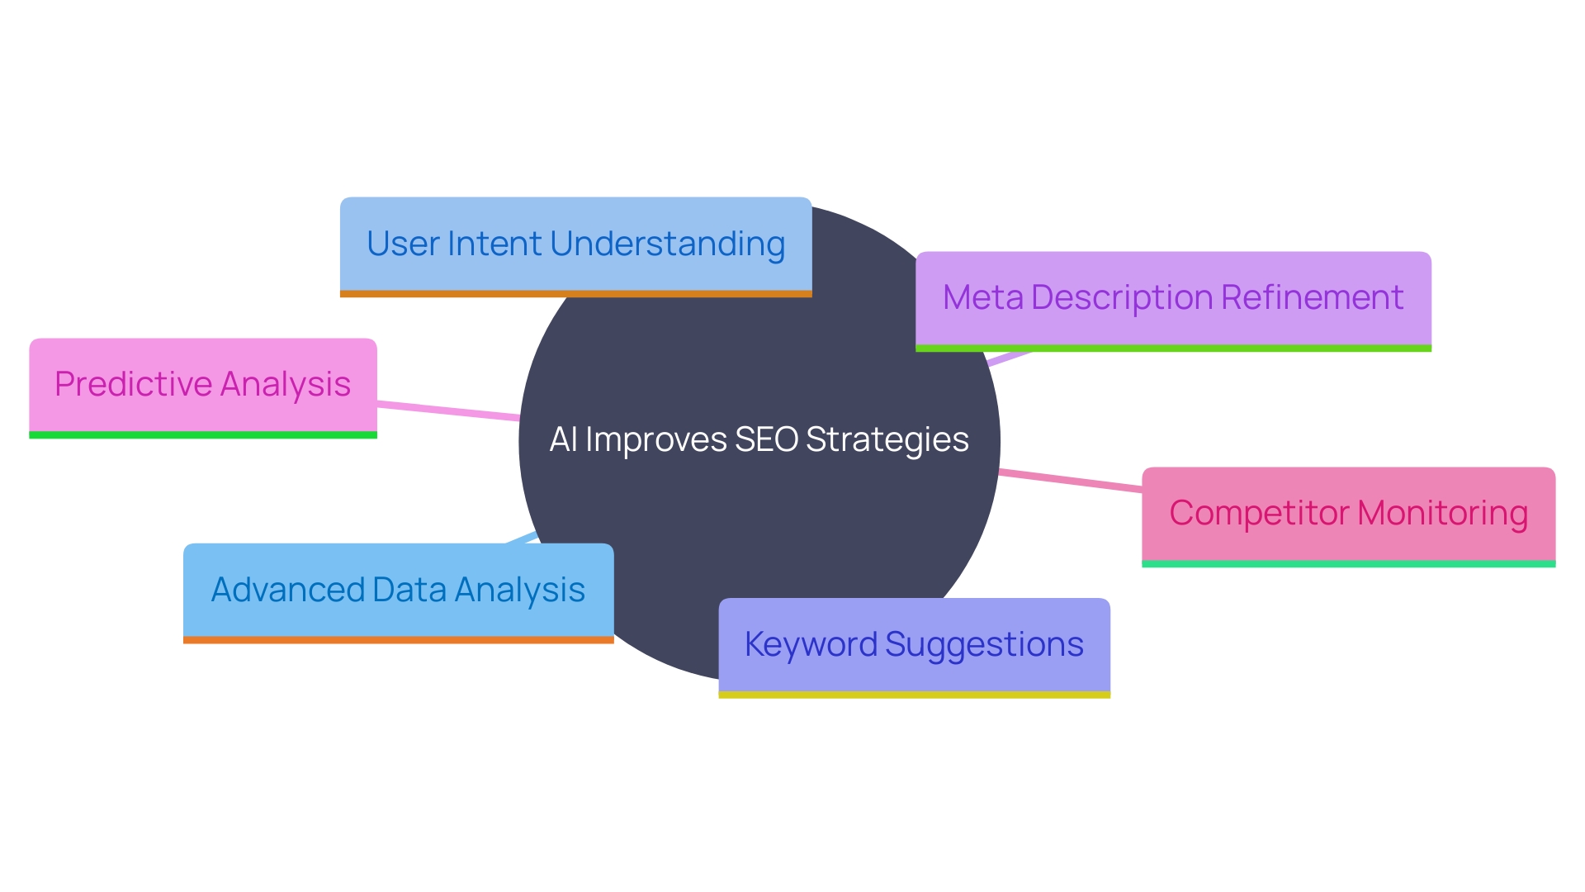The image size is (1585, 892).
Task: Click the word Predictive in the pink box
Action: tap(133, 384)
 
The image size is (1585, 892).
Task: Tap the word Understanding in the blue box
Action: tap(667, 244)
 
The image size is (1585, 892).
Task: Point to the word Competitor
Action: tap(1258, 513)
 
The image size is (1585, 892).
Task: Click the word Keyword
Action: tap(810, 644)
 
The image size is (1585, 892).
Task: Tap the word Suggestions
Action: tap(984, 644)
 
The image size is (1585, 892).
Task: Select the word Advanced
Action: tap(288, 590)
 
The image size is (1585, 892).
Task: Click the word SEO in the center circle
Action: tap(766, 439)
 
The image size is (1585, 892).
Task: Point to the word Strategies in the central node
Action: tap(887, 439)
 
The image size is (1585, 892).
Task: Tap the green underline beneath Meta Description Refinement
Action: tap(1172, 349)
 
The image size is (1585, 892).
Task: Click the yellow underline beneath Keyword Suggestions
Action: tap(914, 695)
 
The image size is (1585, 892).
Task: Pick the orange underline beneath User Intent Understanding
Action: tap(575, 294)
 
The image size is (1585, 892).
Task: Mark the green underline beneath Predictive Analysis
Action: tap(202, 435)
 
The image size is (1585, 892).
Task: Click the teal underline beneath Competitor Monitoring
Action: tap(1348, 564)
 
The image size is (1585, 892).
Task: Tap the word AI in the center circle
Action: tap(563, 439)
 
